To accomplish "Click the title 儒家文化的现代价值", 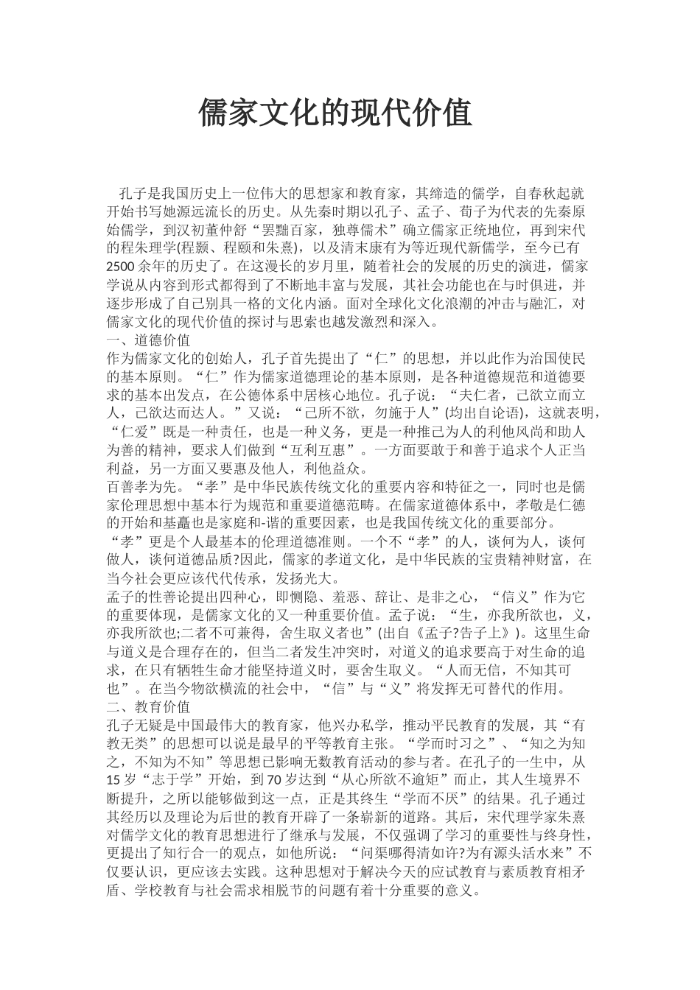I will (x=335, y=114).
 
